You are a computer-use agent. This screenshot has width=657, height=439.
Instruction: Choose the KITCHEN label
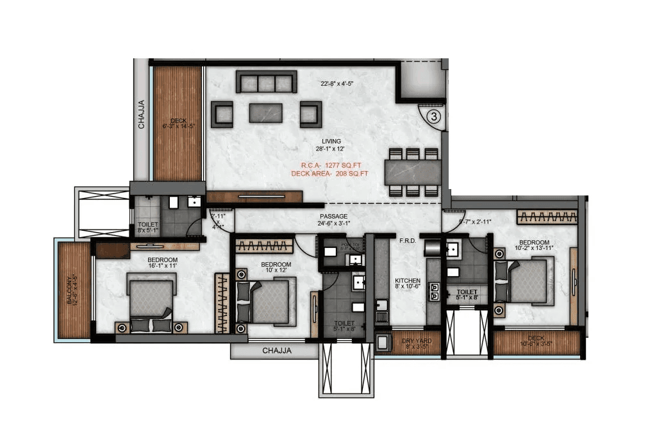[x=408, y=281]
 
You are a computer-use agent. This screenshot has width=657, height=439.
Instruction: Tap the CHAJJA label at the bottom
[x=277, y=351]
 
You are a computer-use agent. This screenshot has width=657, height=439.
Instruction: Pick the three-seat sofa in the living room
[x=266, y=82]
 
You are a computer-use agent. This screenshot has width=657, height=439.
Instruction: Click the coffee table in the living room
[x=266, y=112]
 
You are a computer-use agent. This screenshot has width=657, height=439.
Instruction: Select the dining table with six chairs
[x=413, y=172]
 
